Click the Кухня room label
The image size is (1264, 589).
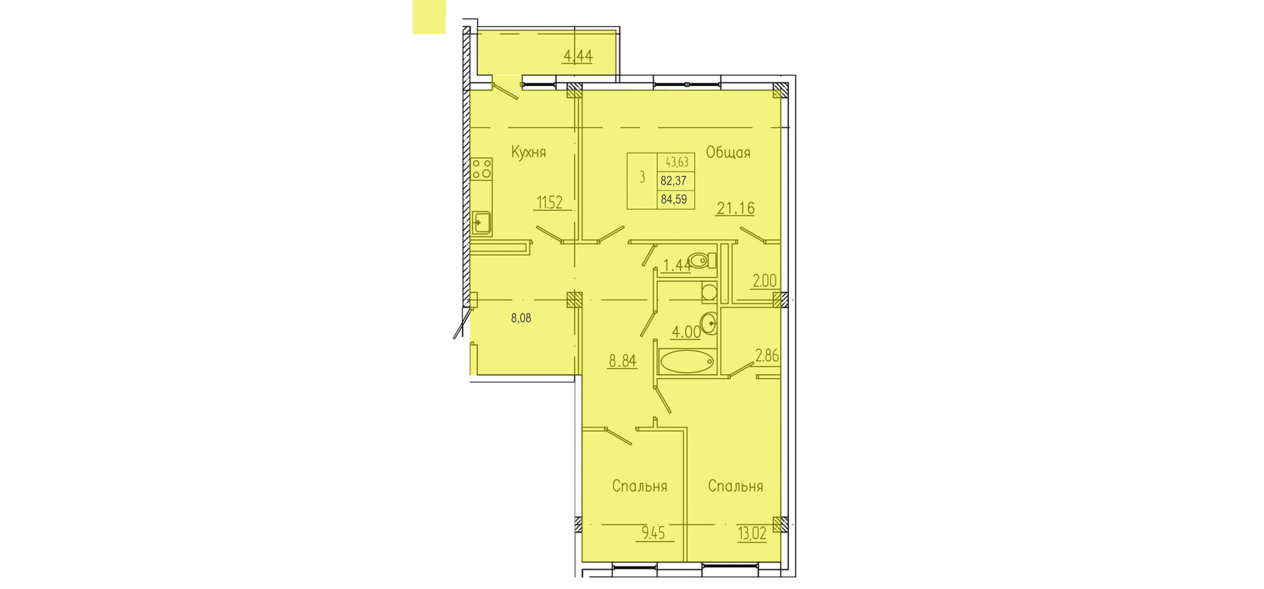[528, 152]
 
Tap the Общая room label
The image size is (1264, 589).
[728, 153]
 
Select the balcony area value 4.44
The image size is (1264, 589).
[578, 56]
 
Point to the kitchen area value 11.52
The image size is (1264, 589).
[550, 202]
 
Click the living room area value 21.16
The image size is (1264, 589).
[736, 208]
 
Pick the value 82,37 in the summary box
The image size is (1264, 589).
[673, 181]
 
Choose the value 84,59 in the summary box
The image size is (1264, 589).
[674, 199]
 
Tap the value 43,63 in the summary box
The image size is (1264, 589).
[677, 162]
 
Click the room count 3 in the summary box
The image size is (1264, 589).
[642, 177]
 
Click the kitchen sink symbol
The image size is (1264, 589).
[481, 223]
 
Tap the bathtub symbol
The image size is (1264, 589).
[687, 362]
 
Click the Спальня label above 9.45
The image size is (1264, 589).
[640, 486]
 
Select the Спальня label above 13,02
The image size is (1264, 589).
[735, 486]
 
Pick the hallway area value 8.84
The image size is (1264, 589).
[623, 361]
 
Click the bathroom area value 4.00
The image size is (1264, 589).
[686, 332]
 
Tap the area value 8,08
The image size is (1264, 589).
[521, 318]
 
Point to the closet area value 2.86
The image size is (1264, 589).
[767, 355]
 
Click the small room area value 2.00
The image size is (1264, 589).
[765, 281]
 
